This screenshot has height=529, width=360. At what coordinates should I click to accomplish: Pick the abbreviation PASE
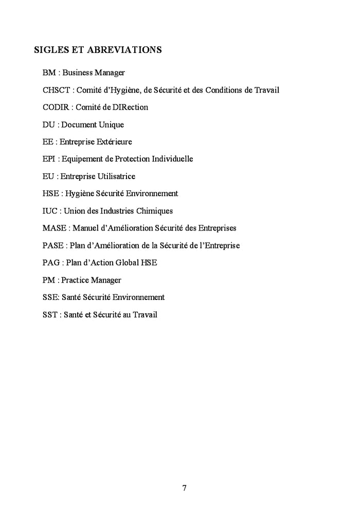point(53,245)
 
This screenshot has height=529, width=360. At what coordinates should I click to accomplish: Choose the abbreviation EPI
point(49,159)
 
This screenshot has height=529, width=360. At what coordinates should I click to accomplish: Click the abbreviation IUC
point(49,211)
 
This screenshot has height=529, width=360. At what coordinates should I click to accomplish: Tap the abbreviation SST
point(50,314)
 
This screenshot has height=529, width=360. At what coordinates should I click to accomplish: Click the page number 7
point(184,488)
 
